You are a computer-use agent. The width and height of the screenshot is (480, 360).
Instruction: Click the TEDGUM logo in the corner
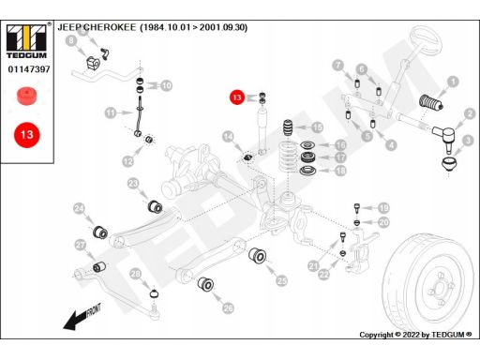point(27,41)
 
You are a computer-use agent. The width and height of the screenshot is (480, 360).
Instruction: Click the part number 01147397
point(29,69)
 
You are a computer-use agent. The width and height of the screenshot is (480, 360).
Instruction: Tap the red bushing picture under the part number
point(27,96)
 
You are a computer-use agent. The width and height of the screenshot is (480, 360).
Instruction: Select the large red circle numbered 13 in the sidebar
point(27,135)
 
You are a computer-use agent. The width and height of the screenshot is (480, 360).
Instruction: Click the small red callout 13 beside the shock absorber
point(237,97)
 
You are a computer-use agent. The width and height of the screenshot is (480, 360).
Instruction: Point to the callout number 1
point(453,82)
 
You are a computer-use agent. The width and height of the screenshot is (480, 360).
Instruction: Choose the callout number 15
point(317,127)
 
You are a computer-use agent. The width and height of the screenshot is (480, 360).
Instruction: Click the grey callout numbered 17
point(340,157)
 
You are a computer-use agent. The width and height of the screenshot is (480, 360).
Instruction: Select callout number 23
point(133,183)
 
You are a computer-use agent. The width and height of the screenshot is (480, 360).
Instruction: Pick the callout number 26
point(228,308)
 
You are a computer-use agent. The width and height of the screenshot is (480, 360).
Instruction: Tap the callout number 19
point(383,208)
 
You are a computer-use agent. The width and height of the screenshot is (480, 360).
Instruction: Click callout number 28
point(136,274)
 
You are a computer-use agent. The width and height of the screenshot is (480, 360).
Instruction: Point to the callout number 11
point(111,112)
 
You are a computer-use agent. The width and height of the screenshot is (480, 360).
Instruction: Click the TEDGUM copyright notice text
point(415,335)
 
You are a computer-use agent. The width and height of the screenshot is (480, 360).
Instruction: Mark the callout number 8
point(71,40)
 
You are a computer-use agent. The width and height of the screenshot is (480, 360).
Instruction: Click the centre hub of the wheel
point(440,288)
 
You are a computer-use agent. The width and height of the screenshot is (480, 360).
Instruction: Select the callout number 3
point(468,141)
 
